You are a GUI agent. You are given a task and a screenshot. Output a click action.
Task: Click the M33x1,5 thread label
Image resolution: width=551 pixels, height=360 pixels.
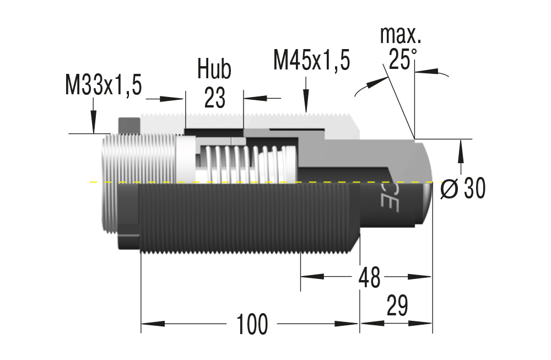coord(104,85)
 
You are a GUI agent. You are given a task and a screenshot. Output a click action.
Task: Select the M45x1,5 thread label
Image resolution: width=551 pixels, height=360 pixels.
coord(311,60)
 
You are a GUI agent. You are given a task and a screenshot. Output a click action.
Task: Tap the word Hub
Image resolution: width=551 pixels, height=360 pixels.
coord(214,69)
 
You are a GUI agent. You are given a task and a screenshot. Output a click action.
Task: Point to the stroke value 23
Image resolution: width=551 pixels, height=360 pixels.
coord(214,98)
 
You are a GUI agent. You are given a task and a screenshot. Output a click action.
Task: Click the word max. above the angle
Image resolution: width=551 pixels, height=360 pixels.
coord(401,35)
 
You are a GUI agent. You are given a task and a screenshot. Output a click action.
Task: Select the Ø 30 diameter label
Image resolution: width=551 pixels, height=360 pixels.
coord(463,190)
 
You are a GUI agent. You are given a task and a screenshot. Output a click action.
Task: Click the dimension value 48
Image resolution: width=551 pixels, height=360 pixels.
coord(369,278)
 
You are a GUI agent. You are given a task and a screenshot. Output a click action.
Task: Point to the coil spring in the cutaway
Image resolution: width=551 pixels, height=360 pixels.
coord(242,164)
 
